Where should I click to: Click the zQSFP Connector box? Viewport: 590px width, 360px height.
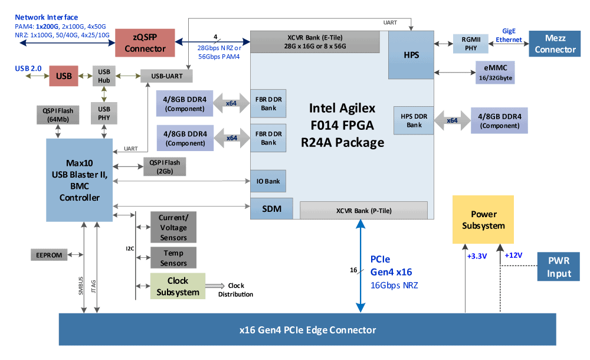point(145,42)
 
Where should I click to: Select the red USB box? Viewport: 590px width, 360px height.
point(64,76)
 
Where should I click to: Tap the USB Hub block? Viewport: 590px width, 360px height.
point(104,76)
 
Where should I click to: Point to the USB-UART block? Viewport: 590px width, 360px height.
point(166,76)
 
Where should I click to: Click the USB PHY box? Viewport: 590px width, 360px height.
point(104,113)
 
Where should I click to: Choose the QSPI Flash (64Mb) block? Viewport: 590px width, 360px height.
point(57,114)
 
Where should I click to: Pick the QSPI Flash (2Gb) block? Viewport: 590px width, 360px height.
point(165,167)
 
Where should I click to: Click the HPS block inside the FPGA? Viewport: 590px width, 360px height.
point(411,55)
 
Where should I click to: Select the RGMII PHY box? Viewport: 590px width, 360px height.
point(471,44)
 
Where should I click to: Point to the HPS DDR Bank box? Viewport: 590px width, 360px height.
point(414,120)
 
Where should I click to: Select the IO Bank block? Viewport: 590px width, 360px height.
point(268,181)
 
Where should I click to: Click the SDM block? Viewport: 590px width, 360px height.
point(271,208)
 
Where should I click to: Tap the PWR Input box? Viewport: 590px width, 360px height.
point(558,267)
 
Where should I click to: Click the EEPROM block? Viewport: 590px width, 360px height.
point(48,254)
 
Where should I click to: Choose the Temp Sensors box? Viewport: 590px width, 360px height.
point(173,257)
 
